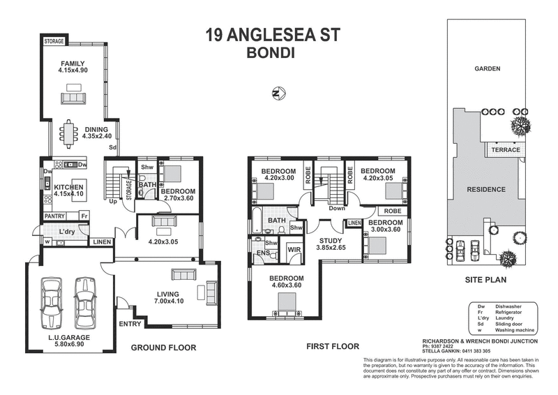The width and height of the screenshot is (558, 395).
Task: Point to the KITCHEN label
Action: (x=69, y=187)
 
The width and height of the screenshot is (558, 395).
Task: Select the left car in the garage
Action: (x=52, y=301)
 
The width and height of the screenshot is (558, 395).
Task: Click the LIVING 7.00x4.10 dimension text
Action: (x=168, y=301)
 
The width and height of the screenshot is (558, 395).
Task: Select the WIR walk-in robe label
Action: (x=294, y=249)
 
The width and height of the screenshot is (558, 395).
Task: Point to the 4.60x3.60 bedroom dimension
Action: (x=287, y=285)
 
